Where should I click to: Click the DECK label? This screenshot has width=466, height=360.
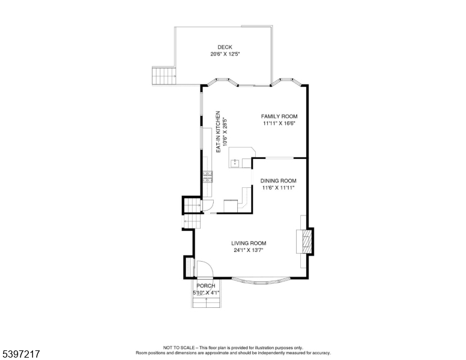(225, 47)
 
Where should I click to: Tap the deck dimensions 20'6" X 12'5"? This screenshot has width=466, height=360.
(225, 55)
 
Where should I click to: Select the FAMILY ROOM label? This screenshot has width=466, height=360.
(279, 116)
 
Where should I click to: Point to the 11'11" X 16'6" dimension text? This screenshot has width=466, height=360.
(279, 124)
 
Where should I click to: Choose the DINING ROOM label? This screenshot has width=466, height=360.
(278, 181)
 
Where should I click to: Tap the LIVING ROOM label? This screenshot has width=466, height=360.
(249, 243)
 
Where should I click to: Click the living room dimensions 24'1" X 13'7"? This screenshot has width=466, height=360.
(249, 250)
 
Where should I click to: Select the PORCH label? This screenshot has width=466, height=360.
(206, 286)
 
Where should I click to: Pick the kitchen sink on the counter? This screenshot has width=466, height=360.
(235, 163)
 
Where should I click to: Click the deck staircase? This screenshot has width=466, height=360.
(163, 76)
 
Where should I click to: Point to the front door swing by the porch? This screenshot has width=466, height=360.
(202, 270)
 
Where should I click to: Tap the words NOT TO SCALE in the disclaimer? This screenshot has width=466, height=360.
(178, 347)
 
